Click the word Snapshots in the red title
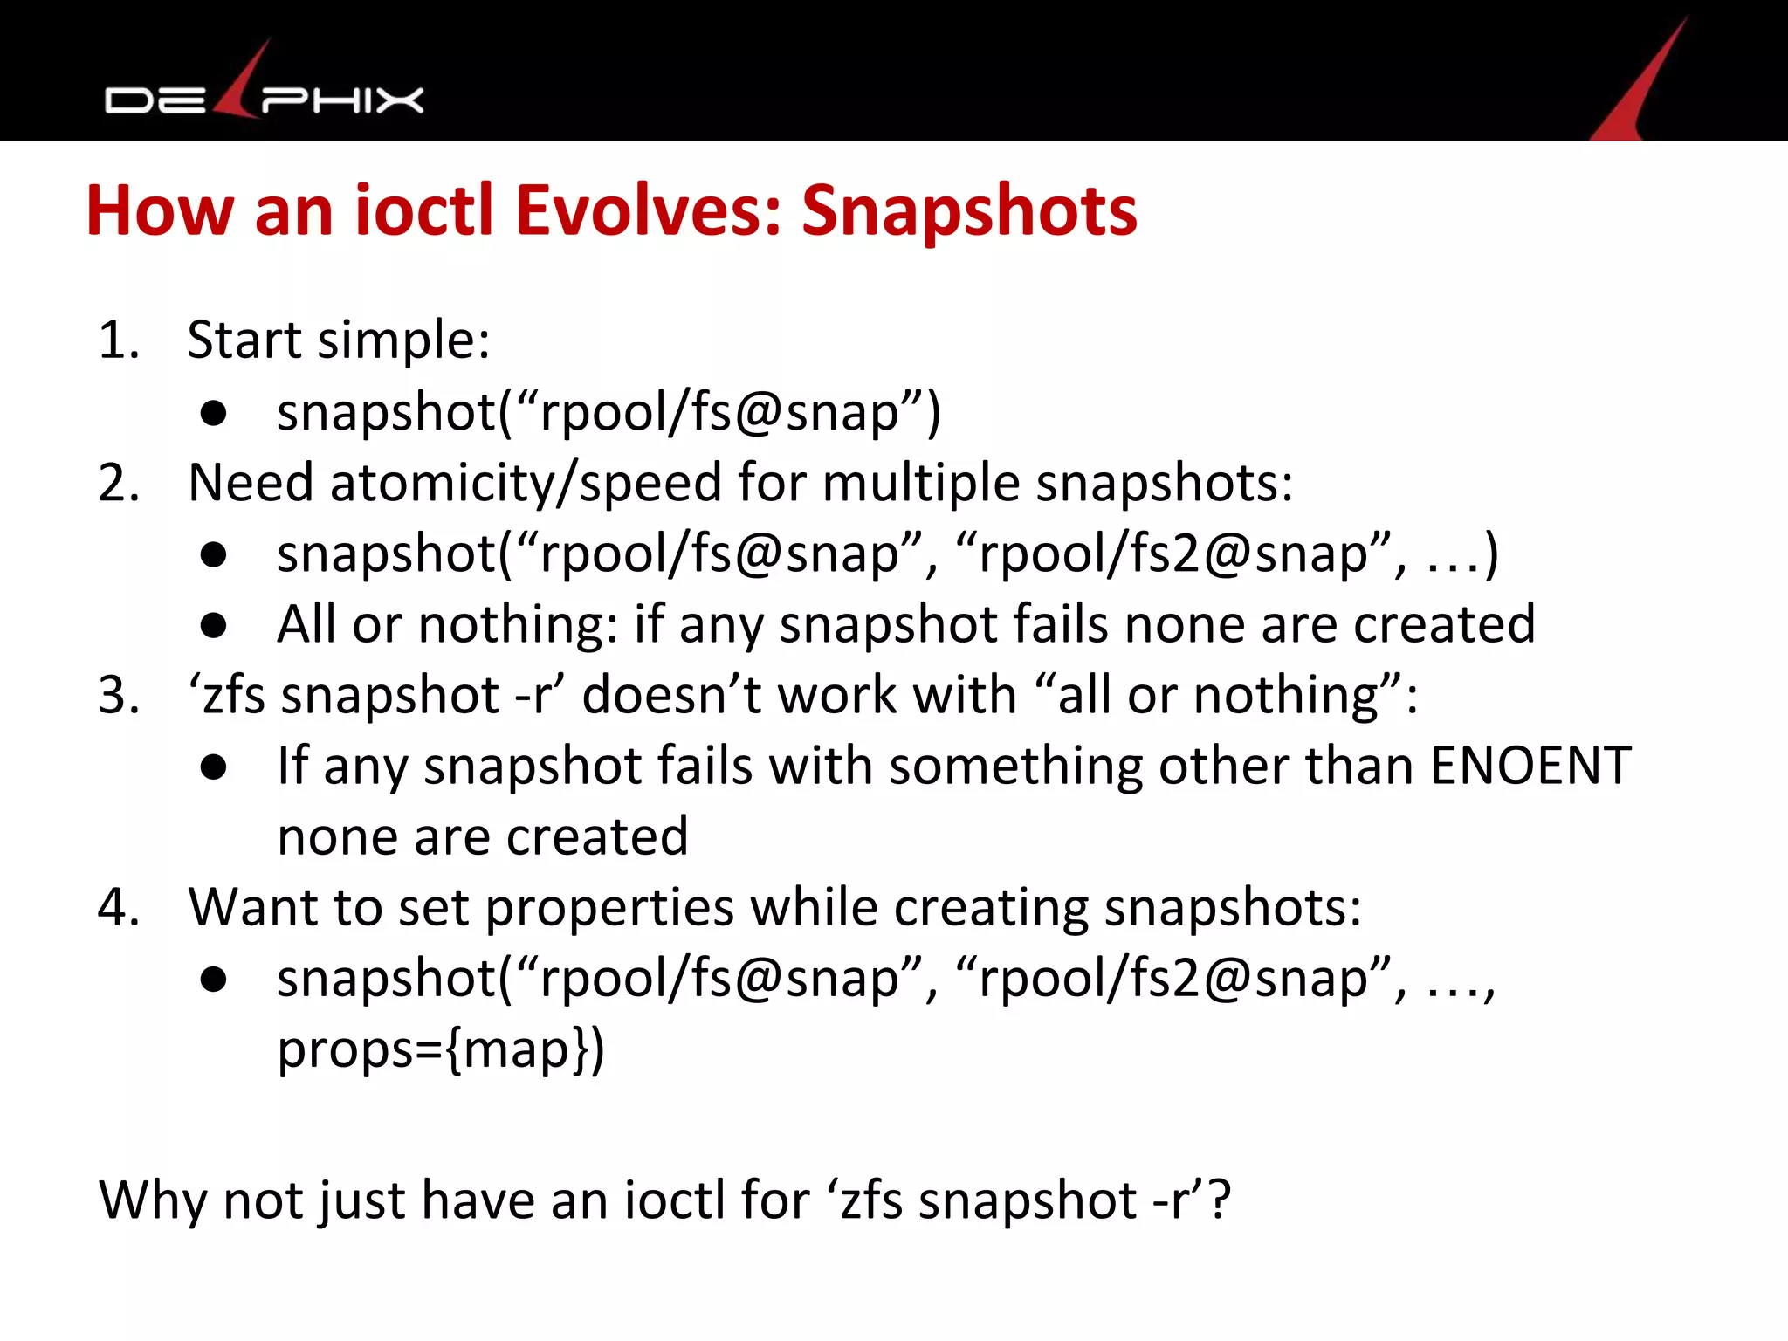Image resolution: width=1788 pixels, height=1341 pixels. tap(969, 211)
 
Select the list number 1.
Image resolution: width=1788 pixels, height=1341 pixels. tap(119, 340)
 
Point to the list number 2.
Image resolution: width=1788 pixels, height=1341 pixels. tap(119, 483)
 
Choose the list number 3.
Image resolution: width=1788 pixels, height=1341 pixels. tap(119, 696)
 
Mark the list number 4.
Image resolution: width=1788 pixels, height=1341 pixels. tap(119, 908)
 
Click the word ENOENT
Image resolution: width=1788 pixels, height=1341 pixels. tap(1530, 766)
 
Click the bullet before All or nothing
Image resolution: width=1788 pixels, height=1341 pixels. tap(213, 625)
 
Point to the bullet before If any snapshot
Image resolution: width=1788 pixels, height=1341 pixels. tap(213, 767)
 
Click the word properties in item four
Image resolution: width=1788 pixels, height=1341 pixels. tap(609, 908)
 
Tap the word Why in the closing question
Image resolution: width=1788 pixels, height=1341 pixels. tap(152, 1200)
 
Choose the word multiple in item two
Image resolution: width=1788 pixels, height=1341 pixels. tap(921, 483)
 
